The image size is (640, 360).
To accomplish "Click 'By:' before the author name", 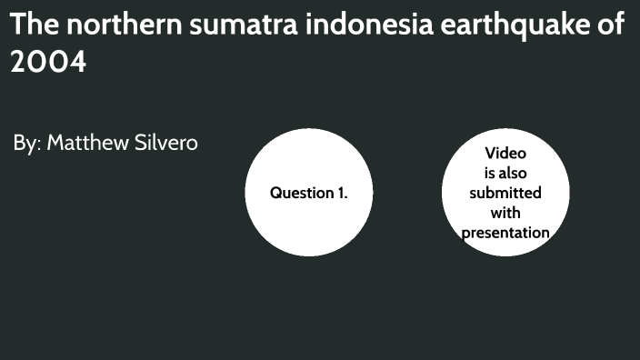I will [x=26, y=143].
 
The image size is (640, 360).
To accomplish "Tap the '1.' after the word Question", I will [x=341, y=193].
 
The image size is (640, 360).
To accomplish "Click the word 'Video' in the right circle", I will [x=505, y=153].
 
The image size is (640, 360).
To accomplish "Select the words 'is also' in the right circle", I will [x=505, y=173].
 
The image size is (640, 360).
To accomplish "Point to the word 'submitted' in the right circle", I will [x=505, y=193].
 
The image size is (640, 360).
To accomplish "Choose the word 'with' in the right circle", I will [x=505, y=213].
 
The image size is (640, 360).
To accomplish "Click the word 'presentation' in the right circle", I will [x=505, y=233].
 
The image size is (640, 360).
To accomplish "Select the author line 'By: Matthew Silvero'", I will [x=105, y=143].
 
